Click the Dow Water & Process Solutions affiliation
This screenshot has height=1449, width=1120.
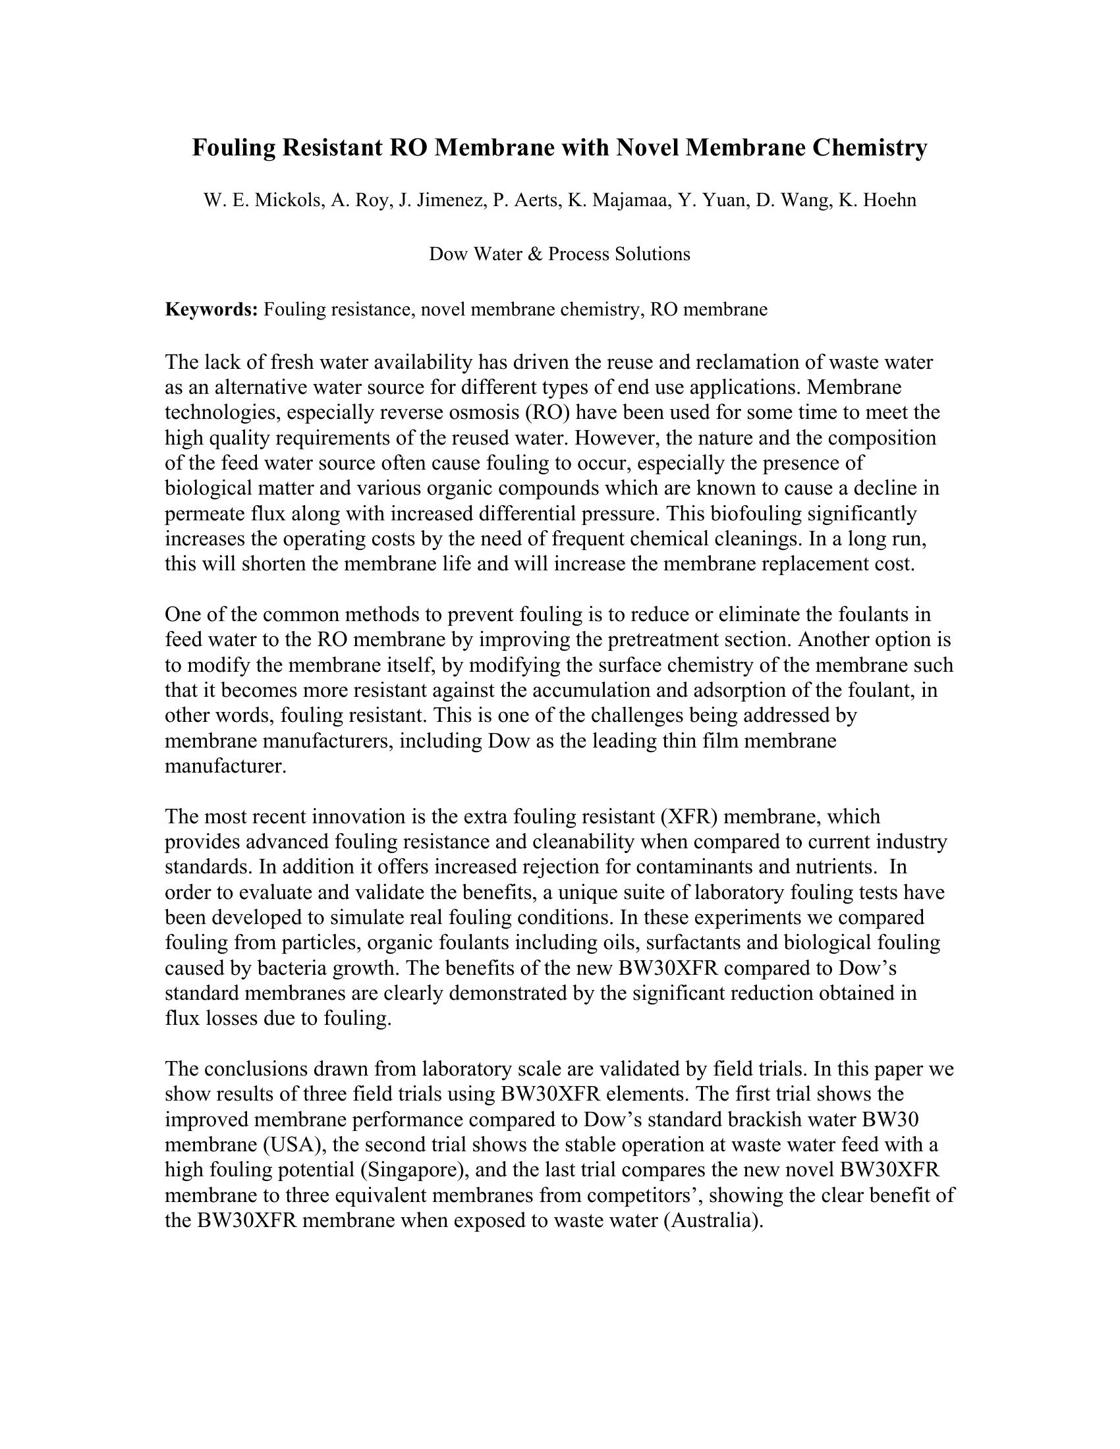559,254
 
